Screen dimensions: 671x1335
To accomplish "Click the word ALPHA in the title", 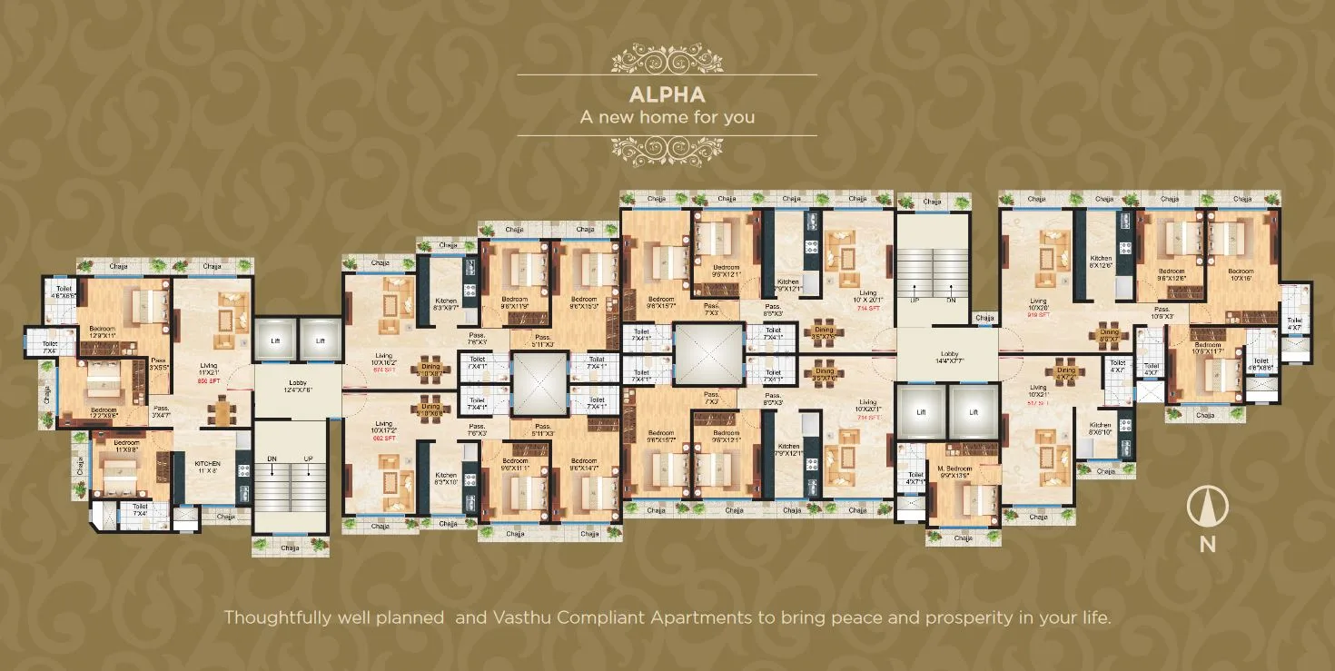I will (667, 94).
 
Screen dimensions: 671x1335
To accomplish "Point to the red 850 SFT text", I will (209, 381).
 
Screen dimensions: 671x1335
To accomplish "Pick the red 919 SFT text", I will (1038, 315).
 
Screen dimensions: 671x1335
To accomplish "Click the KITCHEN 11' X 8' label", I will (209, 468).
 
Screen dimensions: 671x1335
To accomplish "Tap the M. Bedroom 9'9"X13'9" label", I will (954, 473).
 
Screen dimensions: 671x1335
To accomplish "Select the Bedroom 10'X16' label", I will (1241, 275).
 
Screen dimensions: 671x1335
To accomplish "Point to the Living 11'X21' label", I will (210, 370).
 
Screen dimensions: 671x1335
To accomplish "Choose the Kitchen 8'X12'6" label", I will (1101, 262).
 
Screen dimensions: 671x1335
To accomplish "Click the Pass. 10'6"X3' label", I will (1162, 313).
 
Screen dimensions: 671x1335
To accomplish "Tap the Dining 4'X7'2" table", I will (1066, 373).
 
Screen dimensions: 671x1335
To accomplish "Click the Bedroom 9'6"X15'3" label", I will (584, 303).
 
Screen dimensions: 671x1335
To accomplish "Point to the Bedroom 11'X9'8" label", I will (127, 446).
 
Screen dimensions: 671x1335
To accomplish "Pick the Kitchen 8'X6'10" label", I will (1101, 429).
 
